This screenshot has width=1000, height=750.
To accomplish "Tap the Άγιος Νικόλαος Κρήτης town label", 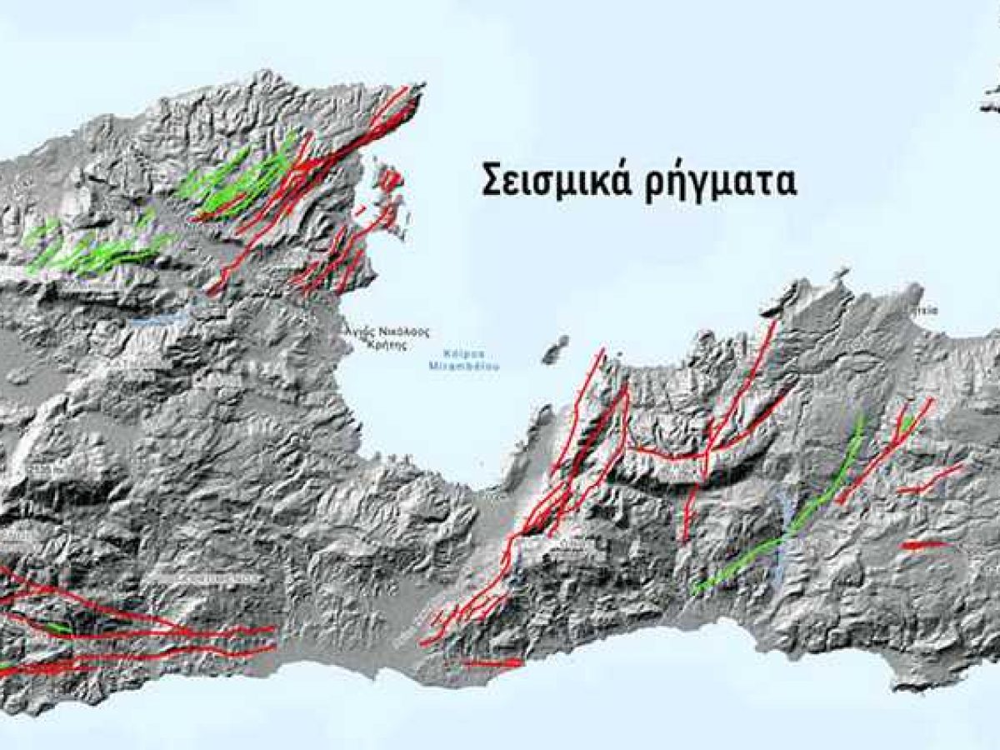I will [388, 337].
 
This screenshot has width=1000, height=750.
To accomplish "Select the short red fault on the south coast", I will [492, 663].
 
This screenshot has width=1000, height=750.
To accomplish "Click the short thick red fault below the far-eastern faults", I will [925, 545].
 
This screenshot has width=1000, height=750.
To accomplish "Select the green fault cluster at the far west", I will [92, 250].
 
